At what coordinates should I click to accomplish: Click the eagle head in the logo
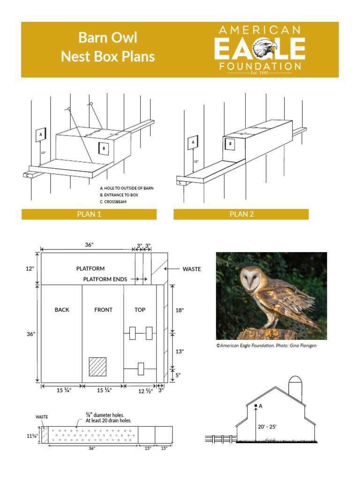(x=264, y=48)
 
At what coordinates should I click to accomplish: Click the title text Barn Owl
(x=107, y=37)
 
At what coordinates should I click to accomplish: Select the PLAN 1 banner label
(x=89, y=214)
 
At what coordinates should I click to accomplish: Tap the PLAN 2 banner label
(x=241, y=214)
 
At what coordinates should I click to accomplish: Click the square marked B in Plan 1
(x=104, y=149)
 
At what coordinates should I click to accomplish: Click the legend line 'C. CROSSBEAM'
(x=113, y=202)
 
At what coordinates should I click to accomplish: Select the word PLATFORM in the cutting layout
(x=90, y=269)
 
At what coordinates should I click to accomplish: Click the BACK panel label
(x=62, y=310)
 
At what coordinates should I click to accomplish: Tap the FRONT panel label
(x=103, y=310)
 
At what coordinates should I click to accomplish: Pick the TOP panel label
(x=140, y=310)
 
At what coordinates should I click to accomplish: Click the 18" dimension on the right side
(x=180, y=310)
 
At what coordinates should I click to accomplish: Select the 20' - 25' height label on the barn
(x=267, y=427)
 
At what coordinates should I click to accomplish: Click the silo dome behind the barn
(x=295, y=380)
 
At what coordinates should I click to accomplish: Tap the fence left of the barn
(x=221, y=439)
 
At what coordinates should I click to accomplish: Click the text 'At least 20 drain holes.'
(x=108, y=420)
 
